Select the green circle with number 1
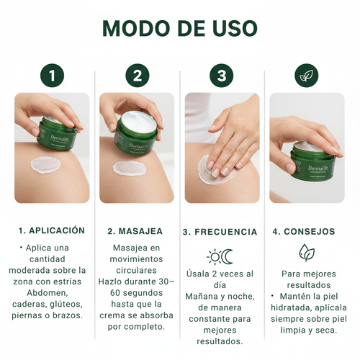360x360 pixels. [x=52, y=76]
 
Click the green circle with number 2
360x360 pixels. [x=137, y=76]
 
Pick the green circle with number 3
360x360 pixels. [x=221, y=76]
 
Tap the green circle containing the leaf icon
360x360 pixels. [x=306, y=76]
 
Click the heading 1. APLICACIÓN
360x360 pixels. [x=52, y=231]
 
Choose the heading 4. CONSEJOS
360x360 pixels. [x=304, y=232]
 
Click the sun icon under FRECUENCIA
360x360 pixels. [x=214, y=256]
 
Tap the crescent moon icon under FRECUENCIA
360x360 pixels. [x=228, y=256]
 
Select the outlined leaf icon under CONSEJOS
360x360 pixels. [x=307, y=253]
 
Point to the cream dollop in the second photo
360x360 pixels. [x=130, y=168]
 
